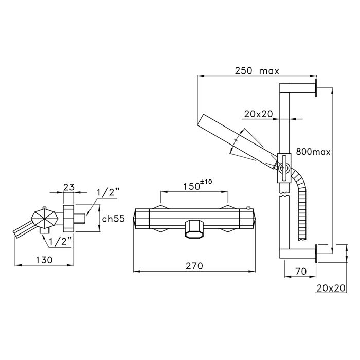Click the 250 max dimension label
click(257, 70)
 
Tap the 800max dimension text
click(313, 152)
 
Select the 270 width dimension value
click(194, 266)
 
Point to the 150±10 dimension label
click(197, 185)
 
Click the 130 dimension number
click(44, 260)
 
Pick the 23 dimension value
click(69, 187)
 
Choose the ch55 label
click(114, 219)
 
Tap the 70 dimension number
click(301, 271)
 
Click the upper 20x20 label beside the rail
click(258, 114)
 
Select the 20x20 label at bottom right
click(331, 288)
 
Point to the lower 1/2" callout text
click(61, 242)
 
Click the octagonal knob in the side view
click(43, 219)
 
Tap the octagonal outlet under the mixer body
click(194, 229)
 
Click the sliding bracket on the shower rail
click(284, 168)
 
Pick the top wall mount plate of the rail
click(316, 88)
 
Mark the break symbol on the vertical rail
click(284, 194)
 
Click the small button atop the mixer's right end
click(248, 208)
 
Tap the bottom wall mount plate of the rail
click(316, 254)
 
